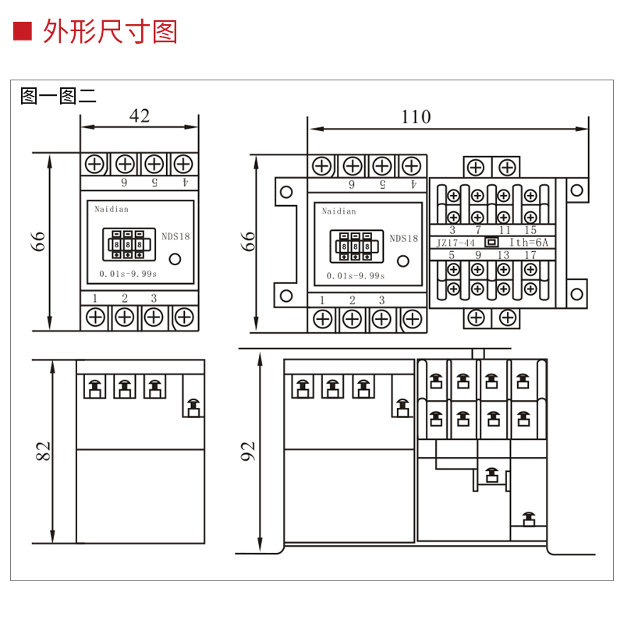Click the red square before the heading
pyautogui.click(x=23, y=31)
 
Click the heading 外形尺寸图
pyautogui.click(x=110, y=31)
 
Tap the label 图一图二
pyautogui.click(x=58, y=96)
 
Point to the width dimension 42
pyautogui.click(x=139, y=116)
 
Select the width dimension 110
pyautogui.click(x=415, y=117)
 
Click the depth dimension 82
pyautogui.click(x=43, y=450)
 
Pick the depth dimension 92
pyautogui.click(x=248, y=451)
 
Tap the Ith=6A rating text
pyautogui.click(x=529, y=243)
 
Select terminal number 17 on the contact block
pyautogui.click(x=530, y=255)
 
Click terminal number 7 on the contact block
pyautogui.click(x=477, y=230)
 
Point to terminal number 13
pyautogui.click(x=503, y=255)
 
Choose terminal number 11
pyautogui.click(x=505, y=230)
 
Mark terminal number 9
pyautogui.click(x=477, y=255)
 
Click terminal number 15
pyautogui.click(x=530, y=230)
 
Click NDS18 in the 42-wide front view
pyautogui.click(x=175, y=237)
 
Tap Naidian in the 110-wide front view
pyautogui.click(x=339, y=211)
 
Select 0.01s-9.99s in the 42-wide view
pyautogui.click(x=128, y=274)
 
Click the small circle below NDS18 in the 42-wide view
pyautogui.click(x=175, y=260)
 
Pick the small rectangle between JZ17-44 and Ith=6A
pyautogui.click(x=491, y=243)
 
